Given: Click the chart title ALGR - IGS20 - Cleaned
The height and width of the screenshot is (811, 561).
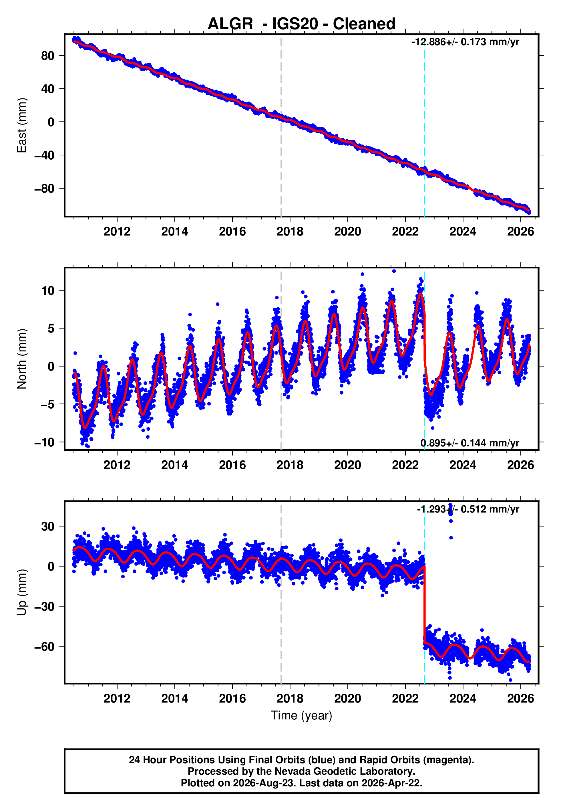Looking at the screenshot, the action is pos(301,24).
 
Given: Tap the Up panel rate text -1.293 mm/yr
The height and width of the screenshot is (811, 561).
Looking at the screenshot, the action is pos(468,509).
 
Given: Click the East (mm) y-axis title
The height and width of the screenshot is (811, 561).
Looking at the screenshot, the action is pos(22,125).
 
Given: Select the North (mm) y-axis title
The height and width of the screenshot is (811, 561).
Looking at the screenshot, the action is pos(22,359).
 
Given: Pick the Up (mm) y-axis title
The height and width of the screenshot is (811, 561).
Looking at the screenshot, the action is pos(22,592).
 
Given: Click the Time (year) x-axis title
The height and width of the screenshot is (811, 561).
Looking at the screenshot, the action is pos(301,716).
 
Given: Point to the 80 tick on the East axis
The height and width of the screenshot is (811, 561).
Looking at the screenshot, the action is pos(48,56).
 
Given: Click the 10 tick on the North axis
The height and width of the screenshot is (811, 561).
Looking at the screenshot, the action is pos(48,290).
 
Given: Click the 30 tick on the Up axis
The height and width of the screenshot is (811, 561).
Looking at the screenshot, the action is pos(48,527).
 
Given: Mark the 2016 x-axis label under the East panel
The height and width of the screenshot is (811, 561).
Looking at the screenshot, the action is pos(232,232).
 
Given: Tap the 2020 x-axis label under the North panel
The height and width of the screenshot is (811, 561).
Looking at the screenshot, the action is pos(348,465).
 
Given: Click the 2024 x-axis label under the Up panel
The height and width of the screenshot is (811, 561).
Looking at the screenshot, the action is pos(463,699).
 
